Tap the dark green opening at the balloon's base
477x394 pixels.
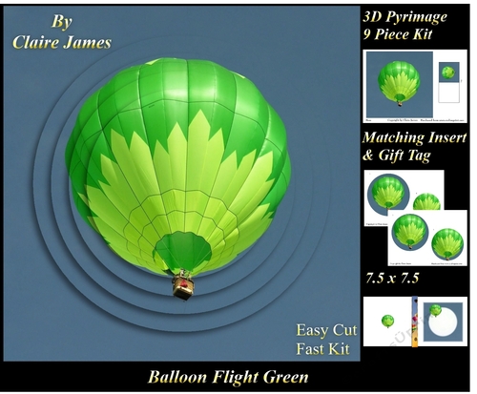coord(183,251)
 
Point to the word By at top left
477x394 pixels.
coord(61,21)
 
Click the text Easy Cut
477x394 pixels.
coord(326,330)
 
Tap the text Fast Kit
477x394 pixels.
coord(326,348)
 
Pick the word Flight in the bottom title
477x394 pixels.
coord(234,377)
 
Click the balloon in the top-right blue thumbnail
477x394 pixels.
coord(399,80)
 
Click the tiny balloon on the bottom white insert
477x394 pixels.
coord(388,321)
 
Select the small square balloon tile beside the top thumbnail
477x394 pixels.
coord(447,73)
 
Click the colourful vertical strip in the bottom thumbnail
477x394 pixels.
coord(416,322)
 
